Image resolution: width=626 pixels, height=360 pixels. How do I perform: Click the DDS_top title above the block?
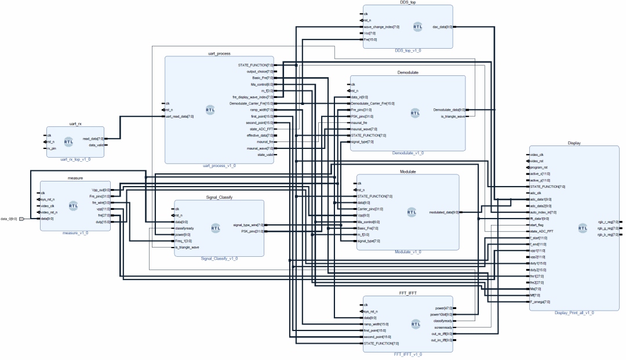408,2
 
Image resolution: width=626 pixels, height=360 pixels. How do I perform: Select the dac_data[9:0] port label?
442,27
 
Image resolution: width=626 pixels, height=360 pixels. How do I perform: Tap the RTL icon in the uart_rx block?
68,141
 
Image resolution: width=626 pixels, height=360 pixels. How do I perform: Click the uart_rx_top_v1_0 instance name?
75,158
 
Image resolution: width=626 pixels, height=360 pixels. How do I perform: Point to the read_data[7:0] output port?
93,139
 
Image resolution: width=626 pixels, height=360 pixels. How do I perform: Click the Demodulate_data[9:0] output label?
449,109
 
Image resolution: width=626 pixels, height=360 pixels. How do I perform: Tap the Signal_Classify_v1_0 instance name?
219,259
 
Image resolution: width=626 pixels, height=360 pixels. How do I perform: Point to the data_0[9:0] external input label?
9,219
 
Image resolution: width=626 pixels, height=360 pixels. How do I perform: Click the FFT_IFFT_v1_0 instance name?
407,354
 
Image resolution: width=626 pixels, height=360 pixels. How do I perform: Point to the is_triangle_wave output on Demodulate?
449,117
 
